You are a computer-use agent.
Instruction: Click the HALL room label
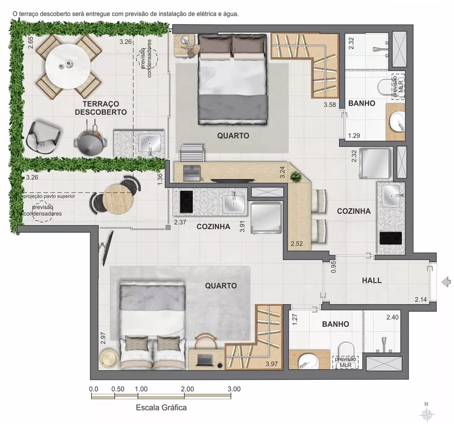(x=371, y=280)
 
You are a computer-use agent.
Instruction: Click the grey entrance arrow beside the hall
(x=447, y=281)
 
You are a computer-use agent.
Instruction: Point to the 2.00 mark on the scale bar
(x=187, y=389)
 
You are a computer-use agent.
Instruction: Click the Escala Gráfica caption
(x=161, y=407)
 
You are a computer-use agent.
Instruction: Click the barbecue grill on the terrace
(x=91, y=140)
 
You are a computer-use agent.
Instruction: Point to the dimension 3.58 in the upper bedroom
(x=330, y=105)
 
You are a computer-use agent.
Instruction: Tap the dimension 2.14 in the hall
(x=421, y=299)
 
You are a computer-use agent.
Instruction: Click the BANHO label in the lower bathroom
(x=336, y=324)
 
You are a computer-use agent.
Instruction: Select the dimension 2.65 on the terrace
(x=30, y=43)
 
